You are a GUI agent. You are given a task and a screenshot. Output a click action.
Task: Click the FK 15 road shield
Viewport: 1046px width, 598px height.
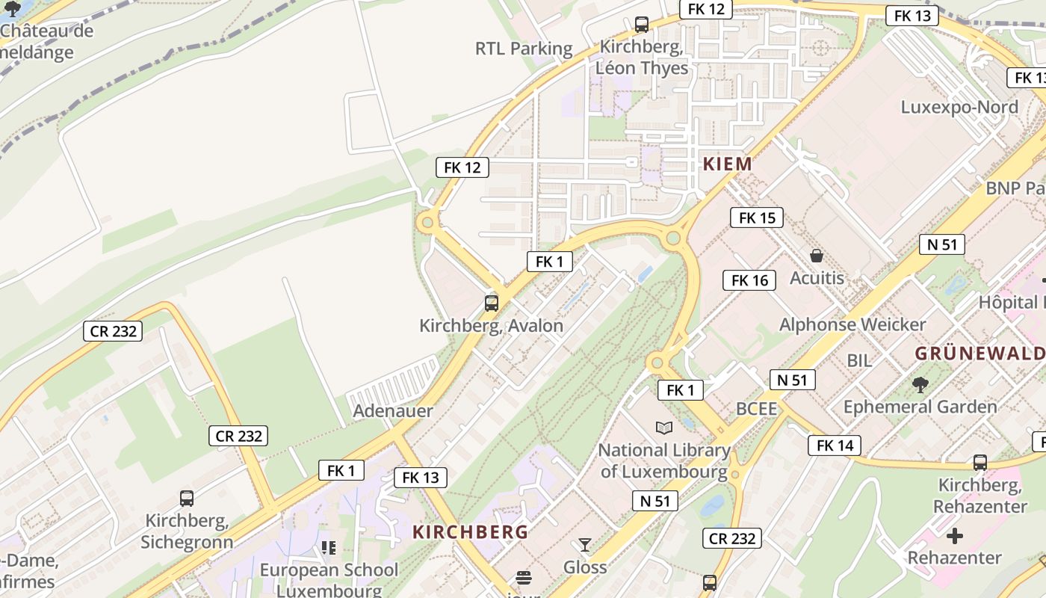(757, 218)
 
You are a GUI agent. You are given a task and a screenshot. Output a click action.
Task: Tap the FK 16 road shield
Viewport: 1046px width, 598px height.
(749, 280)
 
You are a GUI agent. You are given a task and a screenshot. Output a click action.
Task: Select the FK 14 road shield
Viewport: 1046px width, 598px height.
(835, 446)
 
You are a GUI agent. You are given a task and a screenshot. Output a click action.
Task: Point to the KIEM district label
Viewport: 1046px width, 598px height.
(727, 164)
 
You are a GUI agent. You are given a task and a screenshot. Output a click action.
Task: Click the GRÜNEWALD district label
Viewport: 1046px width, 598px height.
(980, 354)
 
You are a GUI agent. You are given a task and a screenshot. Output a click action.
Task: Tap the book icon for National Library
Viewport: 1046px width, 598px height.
(663, 428)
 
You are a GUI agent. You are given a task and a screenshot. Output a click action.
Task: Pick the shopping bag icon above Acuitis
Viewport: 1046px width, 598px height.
(817, 256)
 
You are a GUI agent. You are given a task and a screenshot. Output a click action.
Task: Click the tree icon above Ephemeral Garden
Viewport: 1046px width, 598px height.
(920, 385)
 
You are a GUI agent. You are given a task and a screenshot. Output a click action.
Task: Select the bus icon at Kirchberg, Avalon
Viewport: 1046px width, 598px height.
(491, 303)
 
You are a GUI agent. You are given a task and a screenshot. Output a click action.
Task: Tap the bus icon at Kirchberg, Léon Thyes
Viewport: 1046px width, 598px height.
(641, 25)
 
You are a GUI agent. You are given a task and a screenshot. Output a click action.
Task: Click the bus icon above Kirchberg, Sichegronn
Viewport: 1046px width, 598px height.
(187, 498)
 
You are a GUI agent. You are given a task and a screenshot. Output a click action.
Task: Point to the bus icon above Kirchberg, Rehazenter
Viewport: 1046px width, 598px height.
(980, 463)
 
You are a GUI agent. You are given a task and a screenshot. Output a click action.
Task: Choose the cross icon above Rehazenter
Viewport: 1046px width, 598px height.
(954, 536)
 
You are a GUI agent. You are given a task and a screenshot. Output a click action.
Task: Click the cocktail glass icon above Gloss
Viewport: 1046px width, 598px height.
(584, 545)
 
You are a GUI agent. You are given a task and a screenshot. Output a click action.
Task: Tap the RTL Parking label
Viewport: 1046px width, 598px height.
(524, 49)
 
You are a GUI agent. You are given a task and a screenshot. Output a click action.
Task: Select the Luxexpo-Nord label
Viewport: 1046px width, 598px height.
(959, 107)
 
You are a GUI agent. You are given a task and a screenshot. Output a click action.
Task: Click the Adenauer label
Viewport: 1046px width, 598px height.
(393, 410)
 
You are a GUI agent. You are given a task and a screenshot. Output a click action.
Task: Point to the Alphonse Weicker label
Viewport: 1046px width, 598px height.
(852, 324)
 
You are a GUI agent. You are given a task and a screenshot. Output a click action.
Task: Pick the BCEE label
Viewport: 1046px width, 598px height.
(757, 409)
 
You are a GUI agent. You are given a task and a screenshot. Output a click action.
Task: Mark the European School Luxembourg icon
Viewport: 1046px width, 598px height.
(329, 548)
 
